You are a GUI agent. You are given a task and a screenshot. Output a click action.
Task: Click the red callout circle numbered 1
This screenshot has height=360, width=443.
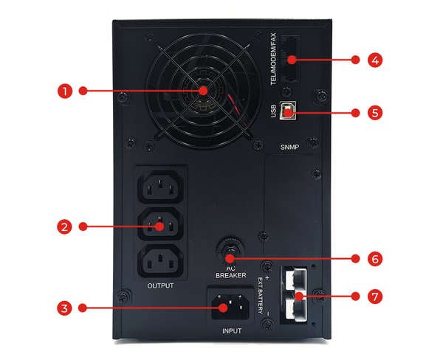pyautogui.click(x=64, y=91)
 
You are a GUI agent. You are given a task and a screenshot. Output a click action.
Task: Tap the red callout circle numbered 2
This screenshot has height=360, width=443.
pyautogui.click(x=64, y=227)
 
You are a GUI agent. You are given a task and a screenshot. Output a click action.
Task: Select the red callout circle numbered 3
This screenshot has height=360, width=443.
pyautogui.click(x=64, y=306)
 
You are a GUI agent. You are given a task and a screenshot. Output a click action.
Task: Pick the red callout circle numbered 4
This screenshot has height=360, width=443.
pyautogui.click(x=377, y=60)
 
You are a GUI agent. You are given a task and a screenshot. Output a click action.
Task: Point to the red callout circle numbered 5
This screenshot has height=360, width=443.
pyautogui.click(x=377, y=113)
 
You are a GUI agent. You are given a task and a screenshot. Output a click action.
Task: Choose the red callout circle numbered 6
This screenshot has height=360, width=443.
pyautogui.click(x=377, y=259)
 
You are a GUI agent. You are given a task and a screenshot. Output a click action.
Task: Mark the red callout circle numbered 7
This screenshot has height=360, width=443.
pyautogui.click(x=377, y=296)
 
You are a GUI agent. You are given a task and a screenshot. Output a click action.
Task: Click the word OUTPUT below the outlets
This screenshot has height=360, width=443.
pyautogui.click(x=160, y=285)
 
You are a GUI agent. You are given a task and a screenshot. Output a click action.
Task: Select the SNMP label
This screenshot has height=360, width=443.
pyautogui.click(x=291, y=147)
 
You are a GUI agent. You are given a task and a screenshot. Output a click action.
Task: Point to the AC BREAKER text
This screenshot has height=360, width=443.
pyautogui.click(x=230, y=271)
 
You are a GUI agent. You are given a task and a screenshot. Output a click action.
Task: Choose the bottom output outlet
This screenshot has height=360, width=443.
pyautogui.click(x=161, y=261)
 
